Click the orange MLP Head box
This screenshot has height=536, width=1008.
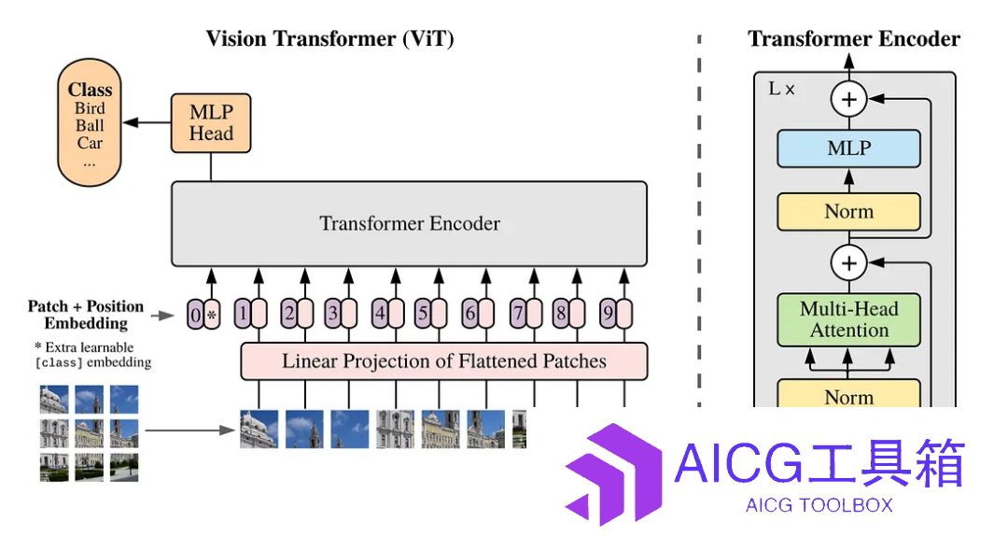tap(211, 123)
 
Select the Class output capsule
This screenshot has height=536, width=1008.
tap(90, 122)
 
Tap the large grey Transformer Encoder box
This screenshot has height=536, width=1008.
tap(409, 223)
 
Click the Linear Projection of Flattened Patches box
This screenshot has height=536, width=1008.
tap(443, 361)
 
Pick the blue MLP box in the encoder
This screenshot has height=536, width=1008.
tap(848, 148)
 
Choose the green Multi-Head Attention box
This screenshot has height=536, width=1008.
tap(848, 319)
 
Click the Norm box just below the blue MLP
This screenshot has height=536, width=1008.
tap(848, 212)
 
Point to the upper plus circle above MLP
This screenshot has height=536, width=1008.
tap(848, 100)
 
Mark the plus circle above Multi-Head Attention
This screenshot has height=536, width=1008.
tap(848, 263)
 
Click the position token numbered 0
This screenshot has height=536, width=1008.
tap(195, 315)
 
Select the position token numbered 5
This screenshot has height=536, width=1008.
tap(423, 314)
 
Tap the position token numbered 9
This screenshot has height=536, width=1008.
tap(608, 314)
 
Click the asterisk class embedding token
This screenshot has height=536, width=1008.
tap(212, 315)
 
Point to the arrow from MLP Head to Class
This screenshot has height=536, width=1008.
tap(147, 122)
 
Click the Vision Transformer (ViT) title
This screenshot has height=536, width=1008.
tap(329, 38)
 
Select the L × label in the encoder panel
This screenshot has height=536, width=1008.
tap(782, 89)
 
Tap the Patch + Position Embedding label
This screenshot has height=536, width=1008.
tap(86, 314)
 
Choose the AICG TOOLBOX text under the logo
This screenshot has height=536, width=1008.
tap(819, 505)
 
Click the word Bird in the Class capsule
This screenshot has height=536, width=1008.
tap(90, 108)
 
